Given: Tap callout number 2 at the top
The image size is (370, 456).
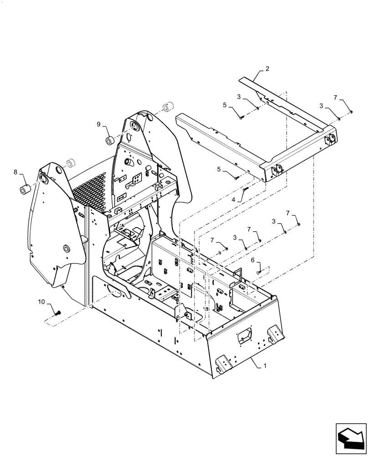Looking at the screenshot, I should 267,69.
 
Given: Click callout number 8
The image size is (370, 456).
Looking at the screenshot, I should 15,172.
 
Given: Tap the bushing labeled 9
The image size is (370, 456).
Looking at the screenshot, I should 110,140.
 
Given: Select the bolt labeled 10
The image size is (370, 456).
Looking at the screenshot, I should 58,313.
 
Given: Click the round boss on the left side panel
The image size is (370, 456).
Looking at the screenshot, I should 67,249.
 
